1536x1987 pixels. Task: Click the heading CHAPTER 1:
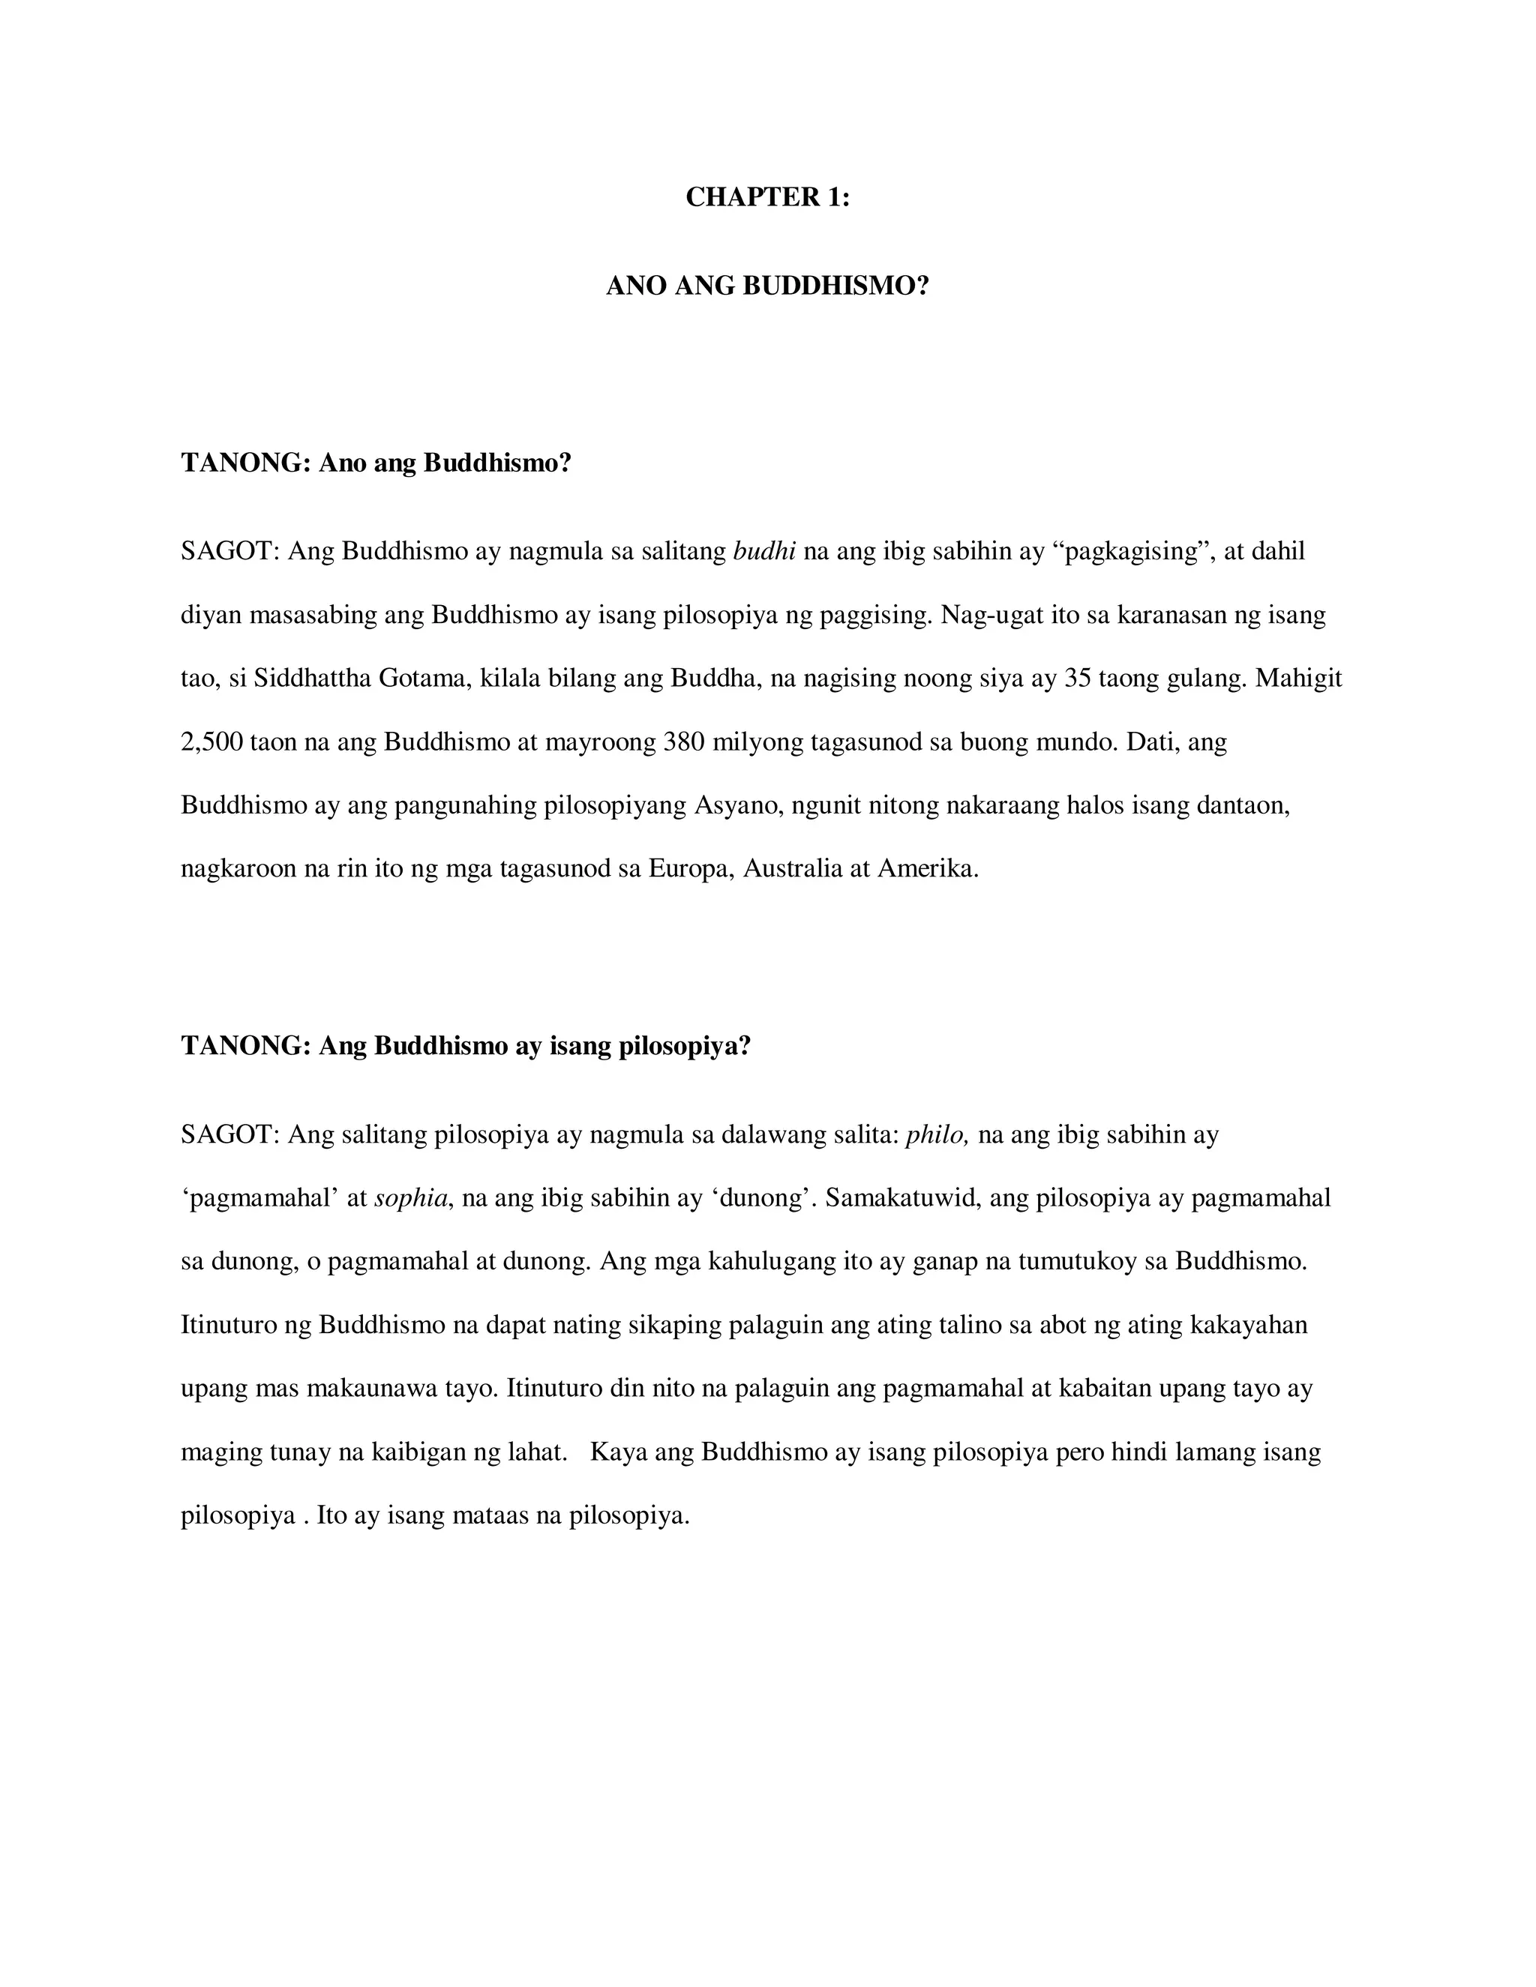(767, 197)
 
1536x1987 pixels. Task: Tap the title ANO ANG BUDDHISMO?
(767, 286)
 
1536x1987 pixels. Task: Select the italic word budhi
(764, 551)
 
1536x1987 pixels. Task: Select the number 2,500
(211, 742)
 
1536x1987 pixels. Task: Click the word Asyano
(739, 806)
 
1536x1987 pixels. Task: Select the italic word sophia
(410, 1198)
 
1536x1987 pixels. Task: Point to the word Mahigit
(1298, 679)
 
